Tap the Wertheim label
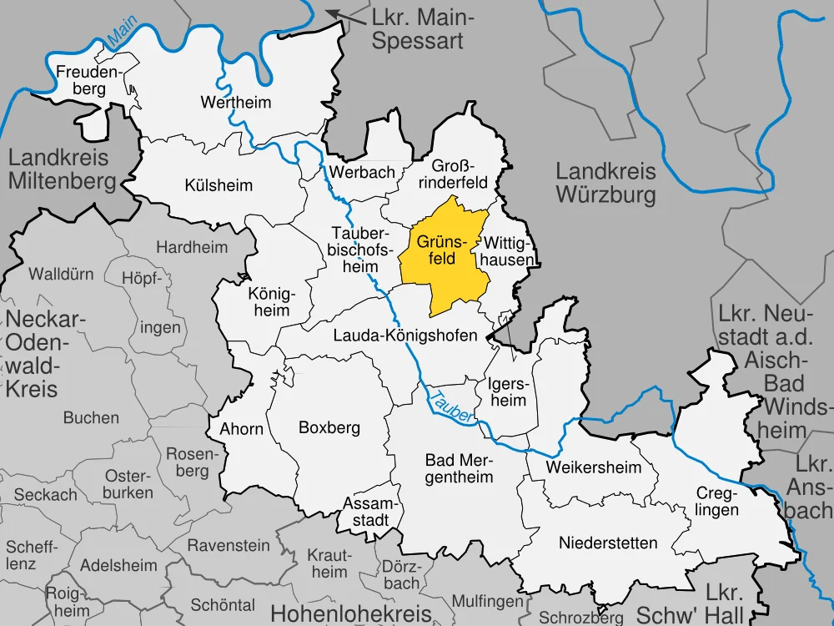pos(224,103)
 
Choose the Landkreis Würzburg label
pos(606,184)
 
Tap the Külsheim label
pos(219,185)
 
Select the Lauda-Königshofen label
pos(404,336)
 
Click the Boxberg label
pos(329,427)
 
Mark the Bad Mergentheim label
pos(459,468)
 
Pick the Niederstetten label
pos(596,543)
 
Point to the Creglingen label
pos(715,501)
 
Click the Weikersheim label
pos(594,467)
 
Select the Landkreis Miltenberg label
pos(63,169)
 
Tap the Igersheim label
pos(507,392)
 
